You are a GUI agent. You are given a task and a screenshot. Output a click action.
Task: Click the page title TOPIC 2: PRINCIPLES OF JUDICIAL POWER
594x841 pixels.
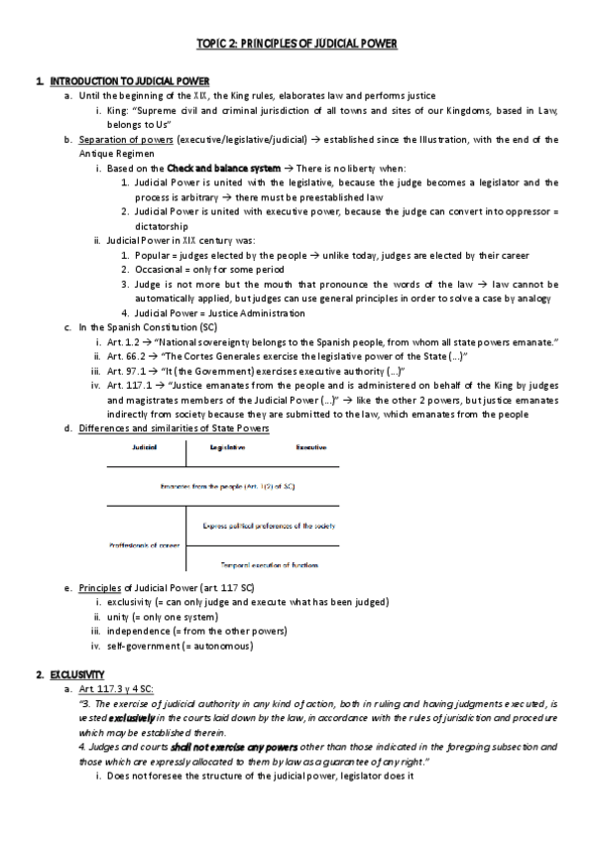[x=297, y=45]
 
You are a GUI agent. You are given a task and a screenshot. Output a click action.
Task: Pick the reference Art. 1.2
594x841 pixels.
[x=126, y=342]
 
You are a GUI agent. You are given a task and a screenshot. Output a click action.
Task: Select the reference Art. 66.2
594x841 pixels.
[x=129, y=356]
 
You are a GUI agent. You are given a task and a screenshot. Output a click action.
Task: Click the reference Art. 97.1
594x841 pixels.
[x=129, y=371]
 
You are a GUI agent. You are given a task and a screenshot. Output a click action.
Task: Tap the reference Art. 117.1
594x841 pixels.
[x=132, y=385]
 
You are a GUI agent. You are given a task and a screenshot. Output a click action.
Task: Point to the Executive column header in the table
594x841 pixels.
[x=311, y=448]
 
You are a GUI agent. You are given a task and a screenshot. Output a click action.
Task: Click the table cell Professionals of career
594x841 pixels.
[x=145, y=544]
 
